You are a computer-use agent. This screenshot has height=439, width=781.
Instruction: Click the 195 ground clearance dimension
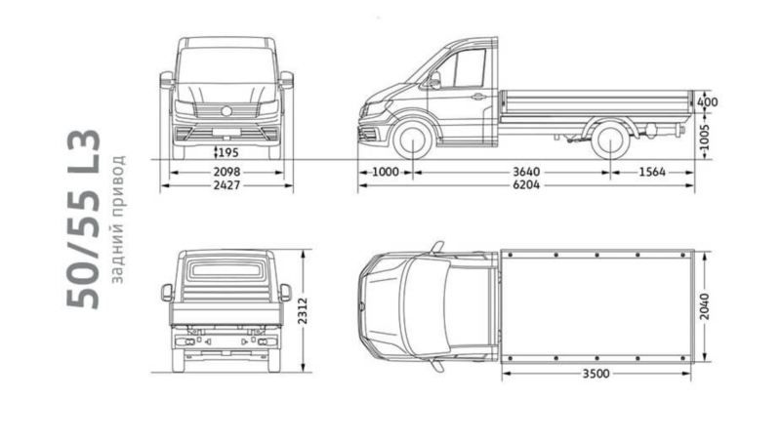tap(228, 152)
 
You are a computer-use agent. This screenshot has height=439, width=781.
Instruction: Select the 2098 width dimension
tap(226, 173)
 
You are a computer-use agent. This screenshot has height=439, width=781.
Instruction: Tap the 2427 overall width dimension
tap(226, 185)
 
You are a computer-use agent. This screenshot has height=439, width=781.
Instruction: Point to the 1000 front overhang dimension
tap(386, 173)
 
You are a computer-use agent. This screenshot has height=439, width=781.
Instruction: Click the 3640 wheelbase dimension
tap(526, 173)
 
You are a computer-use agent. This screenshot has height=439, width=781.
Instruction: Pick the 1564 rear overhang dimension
tap(652, 173)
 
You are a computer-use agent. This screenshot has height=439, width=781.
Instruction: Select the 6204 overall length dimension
tap(526, 185)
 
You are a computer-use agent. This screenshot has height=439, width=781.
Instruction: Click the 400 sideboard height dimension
tap(708, 102)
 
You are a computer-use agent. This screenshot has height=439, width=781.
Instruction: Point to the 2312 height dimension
tap(304, 310)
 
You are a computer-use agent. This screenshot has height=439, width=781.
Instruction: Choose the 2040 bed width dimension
tap(704, 306)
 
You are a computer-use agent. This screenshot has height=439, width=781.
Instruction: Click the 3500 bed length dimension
tap(596, 374)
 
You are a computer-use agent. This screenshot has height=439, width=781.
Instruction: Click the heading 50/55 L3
tap(84, 219)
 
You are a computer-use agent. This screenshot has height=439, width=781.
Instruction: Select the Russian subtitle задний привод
tap(117, 219)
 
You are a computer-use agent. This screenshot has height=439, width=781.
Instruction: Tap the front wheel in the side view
tap(413, 140)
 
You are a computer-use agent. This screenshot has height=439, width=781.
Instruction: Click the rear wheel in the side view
tap(610, 140)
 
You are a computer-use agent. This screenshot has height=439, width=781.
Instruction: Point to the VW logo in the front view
tap(226, 111)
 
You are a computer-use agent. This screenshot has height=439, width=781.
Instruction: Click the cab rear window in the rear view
tap(226, 270)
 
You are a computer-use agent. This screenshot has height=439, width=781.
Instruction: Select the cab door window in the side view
tap(462, 68)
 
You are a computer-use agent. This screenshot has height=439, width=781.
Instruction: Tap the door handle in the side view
tap(478, 97)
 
